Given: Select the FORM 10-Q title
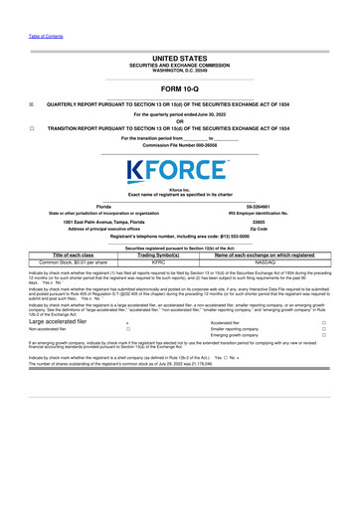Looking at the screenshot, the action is pos(179,86).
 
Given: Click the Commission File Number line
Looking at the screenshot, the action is pos(179,145).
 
